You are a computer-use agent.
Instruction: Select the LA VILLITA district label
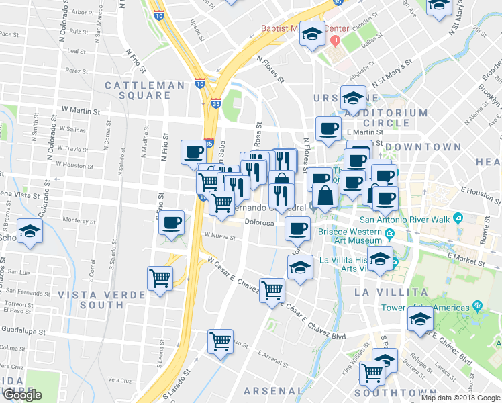click(x=391, y=292)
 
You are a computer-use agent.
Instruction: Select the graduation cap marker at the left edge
click(x=30, y=232)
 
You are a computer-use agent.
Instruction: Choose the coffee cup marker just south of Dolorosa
click(x=297, y=228)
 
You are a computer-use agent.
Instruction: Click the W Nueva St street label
click(x=217, y=235)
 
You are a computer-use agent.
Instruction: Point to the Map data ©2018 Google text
click(x=460, y=398)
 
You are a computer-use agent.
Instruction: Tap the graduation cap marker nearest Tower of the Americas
click(x=420, y=320)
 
